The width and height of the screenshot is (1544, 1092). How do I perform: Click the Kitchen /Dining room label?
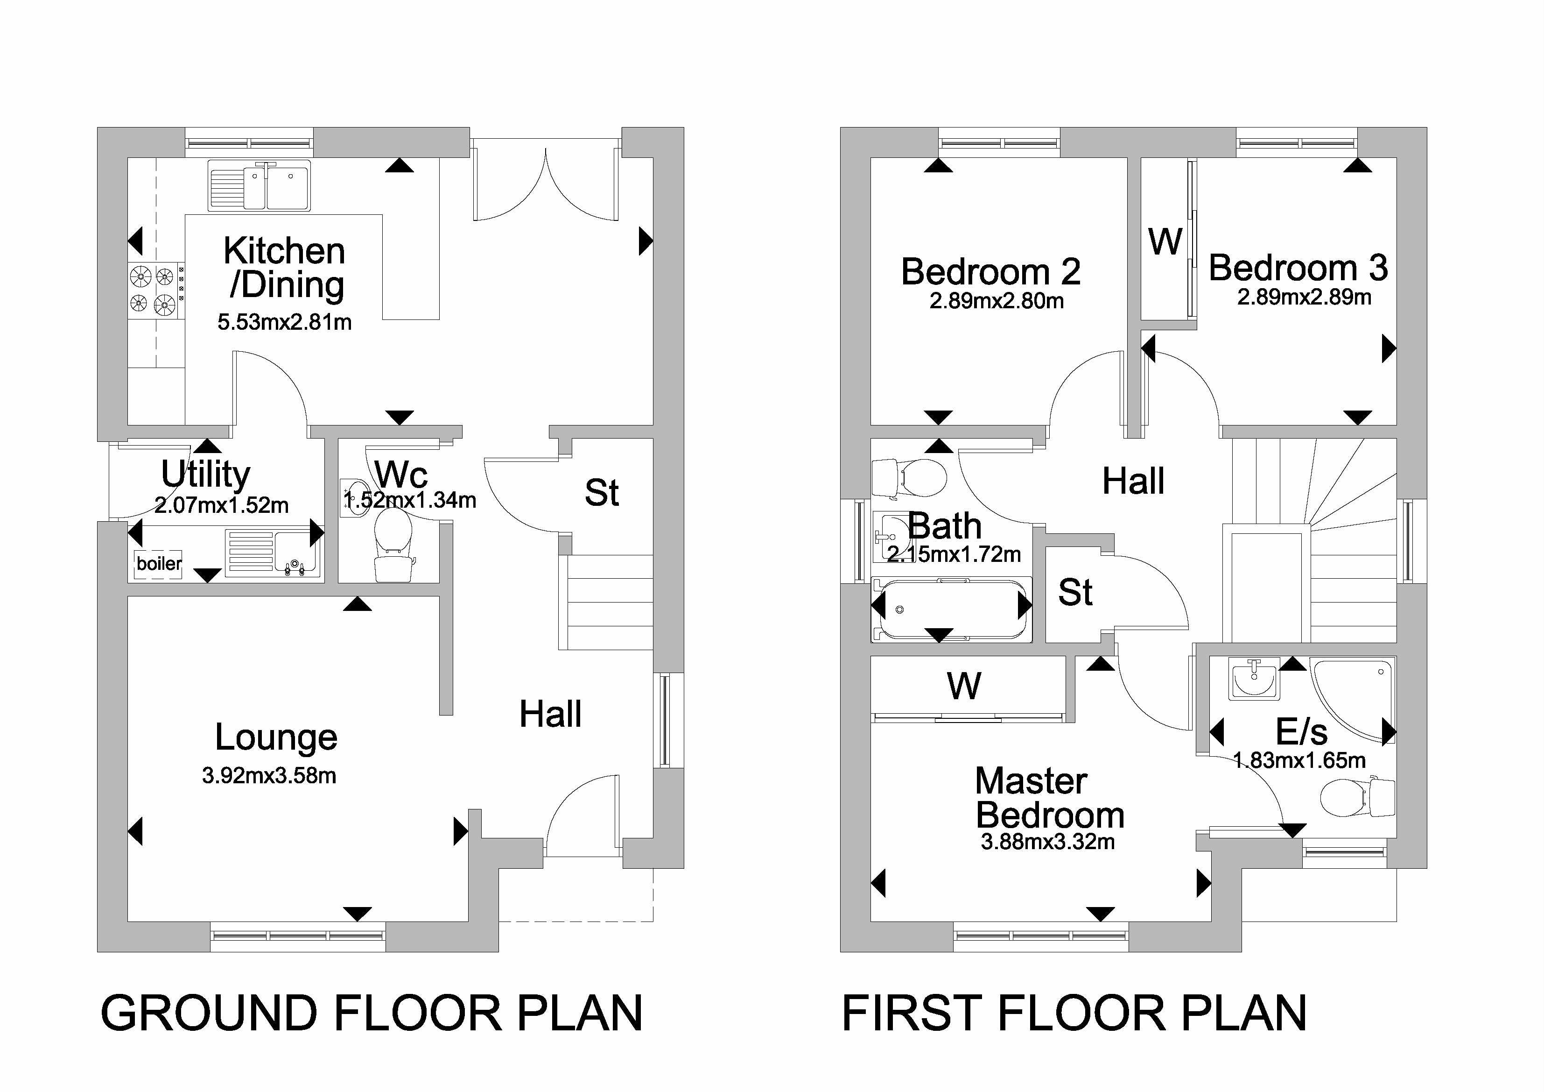pyautogui.click(x=284, y=268)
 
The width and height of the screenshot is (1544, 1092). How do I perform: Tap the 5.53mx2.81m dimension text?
pyautogui.click(x=284, y=322)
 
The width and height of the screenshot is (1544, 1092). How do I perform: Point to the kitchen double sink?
pyautogui.click(x=260, y=184)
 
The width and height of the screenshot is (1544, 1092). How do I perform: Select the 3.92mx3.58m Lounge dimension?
pyautogui.click(x=269, y=776)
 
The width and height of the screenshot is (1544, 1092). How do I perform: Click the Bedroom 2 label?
pyautogui.click(x=990, y=271)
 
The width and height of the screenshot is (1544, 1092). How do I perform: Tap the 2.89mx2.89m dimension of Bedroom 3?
pyautogui.click(x=1304, y=297)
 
